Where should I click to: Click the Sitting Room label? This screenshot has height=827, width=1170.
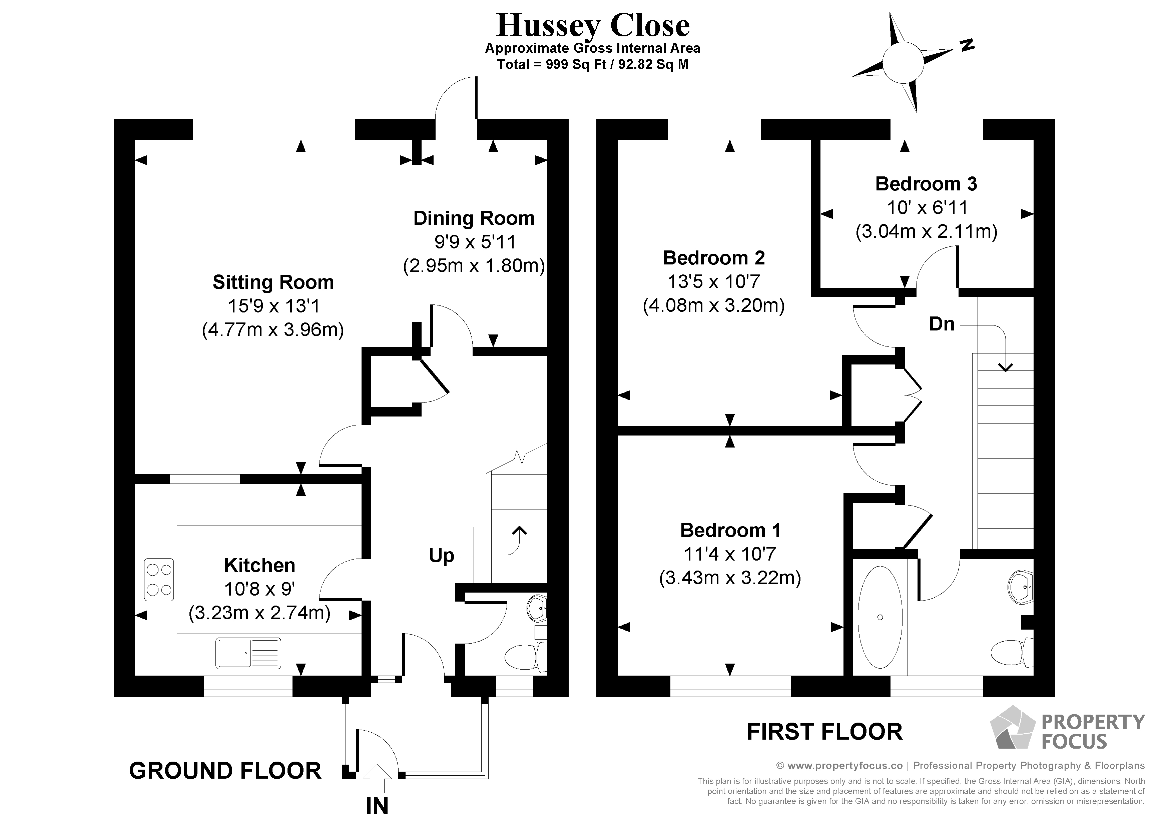pos(273,282)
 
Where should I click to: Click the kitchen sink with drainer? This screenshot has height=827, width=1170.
pos(248,653)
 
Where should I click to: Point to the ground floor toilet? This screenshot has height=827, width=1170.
pos(525,657)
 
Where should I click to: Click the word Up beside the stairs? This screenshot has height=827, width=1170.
pos(441,556)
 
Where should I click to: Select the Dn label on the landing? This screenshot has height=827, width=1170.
pos(942,324)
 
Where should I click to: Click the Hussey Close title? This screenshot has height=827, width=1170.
pos(593,25)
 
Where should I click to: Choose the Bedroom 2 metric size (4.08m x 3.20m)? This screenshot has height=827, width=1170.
pos(714,305)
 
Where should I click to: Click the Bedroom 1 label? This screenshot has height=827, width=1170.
pos(730,531)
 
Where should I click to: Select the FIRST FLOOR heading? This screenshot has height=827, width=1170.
pos(824,732)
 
